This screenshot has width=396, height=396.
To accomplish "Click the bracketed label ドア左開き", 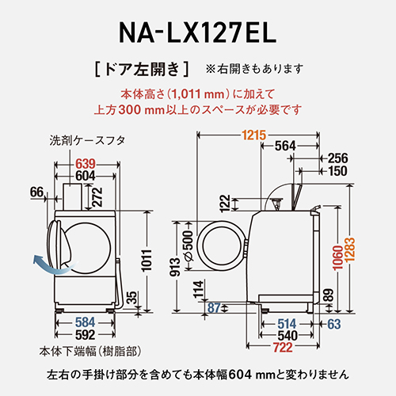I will coord(141,67).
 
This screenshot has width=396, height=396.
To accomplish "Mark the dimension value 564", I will coord(285,146).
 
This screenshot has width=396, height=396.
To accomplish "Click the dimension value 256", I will coord(337,158).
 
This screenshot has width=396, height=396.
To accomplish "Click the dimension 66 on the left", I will coord(36,192).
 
